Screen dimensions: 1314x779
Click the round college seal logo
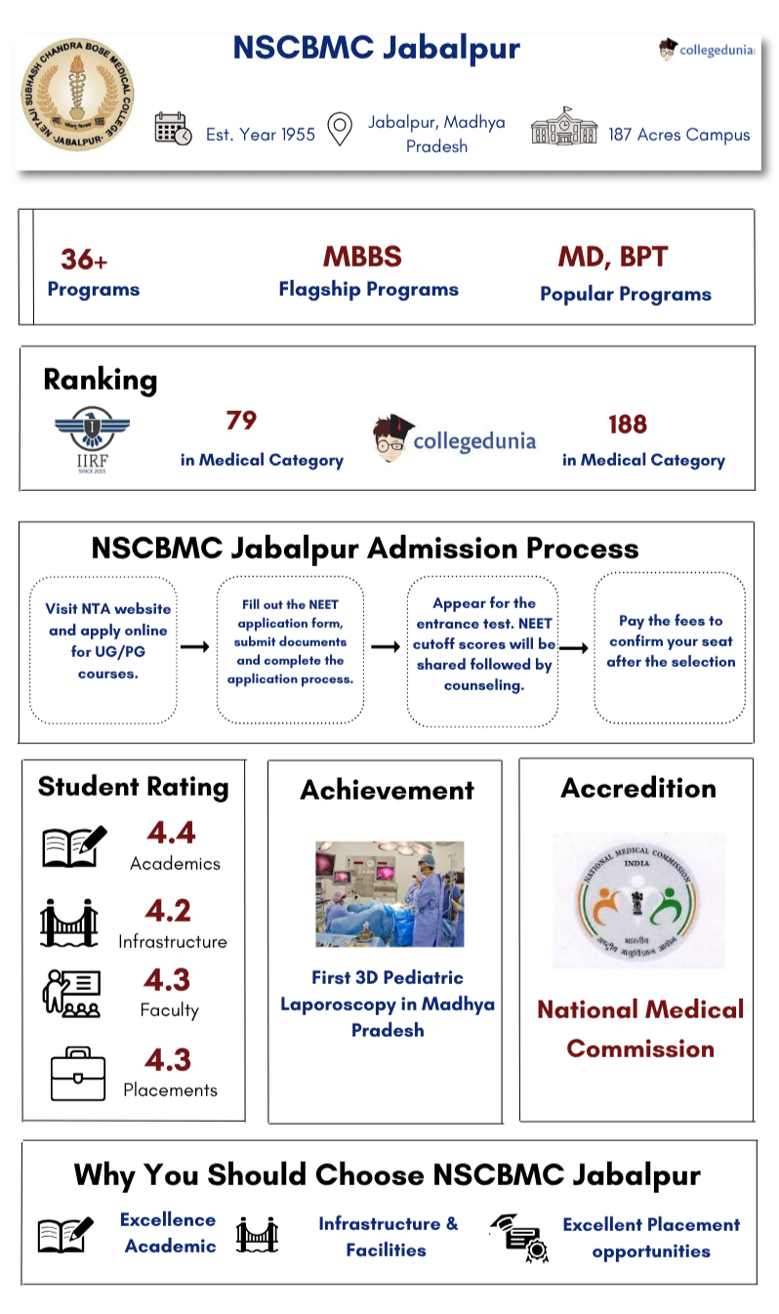77,96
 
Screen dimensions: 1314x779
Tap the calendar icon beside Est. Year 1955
173,129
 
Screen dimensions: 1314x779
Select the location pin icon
339,129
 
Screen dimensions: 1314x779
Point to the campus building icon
563,128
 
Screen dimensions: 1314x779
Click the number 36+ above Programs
84,260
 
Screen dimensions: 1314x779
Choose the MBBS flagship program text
362,257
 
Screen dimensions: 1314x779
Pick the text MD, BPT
612,258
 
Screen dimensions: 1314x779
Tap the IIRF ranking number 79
241,421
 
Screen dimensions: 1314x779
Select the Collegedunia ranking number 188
627,425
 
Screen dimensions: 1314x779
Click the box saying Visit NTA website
103,650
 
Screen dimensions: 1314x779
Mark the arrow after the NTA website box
195,646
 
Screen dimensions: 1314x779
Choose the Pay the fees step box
670,648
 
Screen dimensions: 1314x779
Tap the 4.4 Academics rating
171,833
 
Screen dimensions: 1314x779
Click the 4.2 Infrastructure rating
168,911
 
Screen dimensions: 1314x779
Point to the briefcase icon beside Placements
77,1074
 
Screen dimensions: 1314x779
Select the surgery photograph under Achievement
389,893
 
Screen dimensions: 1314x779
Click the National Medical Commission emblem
638,899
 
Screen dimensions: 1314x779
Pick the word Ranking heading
100,380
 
